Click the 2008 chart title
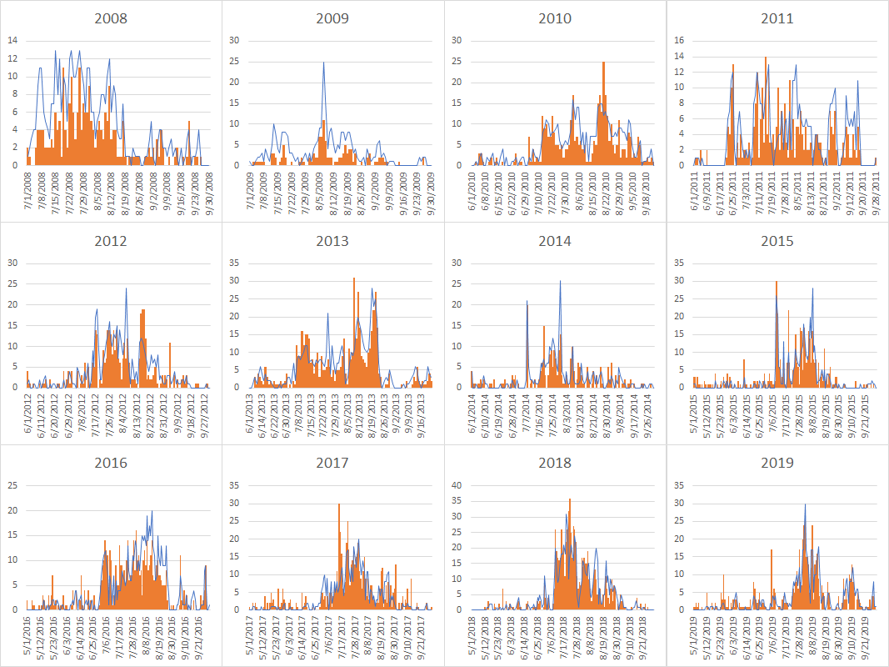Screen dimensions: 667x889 [111, 18]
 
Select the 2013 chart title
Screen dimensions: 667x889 [333, 241]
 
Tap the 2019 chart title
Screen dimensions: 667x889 [777, 463]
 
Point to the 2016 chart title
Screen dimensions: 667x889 [111, 463]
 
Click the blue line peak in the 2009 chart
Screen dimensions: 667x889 [323, 63]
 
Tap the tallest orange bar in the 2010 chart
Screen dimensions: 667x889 [603, 63]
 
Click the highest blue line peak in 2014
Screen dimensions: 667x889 [560, 281]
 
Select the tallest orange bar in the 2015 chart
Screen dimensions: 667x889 [777, 282]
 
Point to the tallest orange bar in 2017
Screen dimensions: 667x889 [339, 504]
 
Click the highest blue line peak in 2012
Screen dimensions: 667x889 [127, 288]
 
